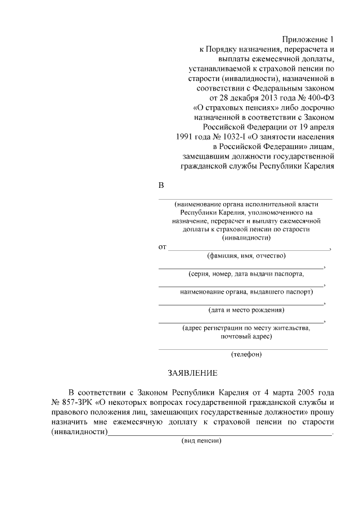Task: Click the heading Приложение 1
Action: [x=308, y=40]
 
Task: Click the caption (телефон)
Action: [x=246, y=354]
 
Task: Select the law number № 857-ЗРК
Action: [x=73, y=402]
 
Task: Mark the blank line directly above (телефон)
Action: [x=243, y=349]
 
